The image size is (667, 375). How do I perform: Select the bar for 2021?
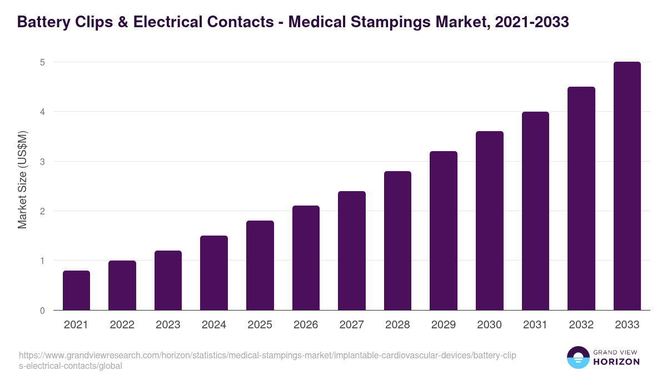(x=76, y=290)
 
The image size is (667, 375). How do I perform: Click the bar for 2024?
(x=214, y=273)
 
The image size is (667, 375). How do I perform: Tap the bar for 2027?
(x=351, y=251)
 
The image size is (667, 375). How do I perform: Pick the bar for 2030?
(x=489, y=221)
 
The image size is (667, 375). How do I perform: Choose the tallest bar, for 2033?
(x=627, y=186)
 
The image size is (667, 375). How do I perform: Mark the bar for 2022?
(x=122, y=285)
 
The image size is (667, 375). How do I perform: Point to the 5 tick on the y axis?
(x=42, y=62)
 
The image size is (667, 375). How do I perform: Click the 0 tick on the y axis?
(x=42, y=311)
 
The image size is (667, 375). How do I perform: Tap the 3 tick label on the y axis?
(x=42, y=162)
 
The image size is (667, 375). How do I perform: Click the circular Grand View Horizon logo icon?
(x=578, y=357)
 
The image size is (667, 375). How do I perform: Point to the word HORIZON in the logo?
(x=616, y=362)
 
